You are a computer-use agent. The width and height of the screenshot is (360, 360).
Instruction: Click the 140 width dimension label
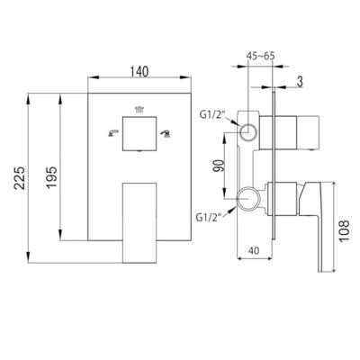[139, 72]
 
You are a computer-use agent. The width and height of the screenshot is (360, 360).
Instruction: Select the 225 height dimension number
[20, 178]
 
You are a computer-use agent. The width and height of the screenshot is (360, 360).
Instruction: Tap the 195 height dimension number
[51, 177]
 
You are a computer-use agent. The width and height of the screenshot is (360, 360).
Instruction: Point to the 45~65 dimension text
[260, 56]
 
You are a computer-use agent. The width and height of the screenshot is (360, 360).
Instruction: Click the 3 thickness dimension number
[300, 82]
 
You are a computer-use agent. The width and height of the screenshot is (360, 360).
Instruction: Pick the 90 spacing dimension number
[219, 166]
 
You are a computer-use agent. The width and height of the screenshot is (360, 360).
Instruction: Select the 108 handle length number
[345, 230]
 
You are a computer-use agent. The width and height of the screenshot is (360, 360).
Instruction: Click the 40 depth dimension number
[254, 250]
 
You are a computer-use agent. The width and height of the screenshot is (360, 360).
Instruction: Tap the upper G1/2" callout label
[211, 115]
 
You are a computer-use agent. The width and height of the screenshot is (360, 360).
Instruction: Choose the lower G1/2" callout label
[209, 217]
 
